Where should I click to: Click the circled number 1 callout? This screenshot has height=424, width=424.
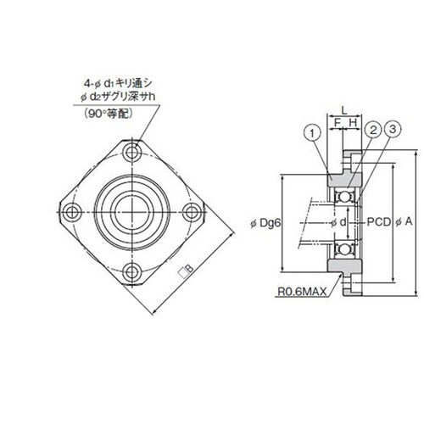(312, 133)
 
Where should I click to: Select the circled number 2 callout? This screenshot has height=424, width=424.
(373, 131)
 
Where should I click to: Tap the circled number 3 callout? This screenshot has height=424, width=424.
(393, 130)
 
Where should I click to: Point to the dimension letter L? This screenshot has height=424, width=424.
(343, 111)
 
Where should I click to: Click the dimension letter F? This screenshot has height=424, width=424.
(337, 123)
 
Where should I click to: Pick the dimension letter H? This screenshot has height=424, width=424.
(353, 123)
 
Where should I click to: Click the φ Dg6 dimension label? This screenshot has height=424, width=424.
(265, 224)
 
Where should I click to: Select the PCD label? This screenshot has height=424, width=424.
(378, 222)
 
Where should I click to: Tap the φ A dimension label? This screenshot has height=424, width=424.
(404, 222)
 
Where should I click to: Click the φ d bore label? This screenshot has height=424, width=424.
(338, 223)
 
